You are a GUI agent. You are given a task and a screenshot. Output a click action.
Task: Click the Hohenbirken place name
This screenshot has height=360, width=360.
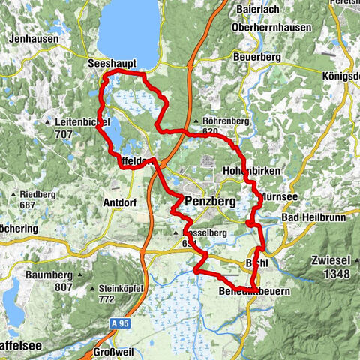click(252, 172)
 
